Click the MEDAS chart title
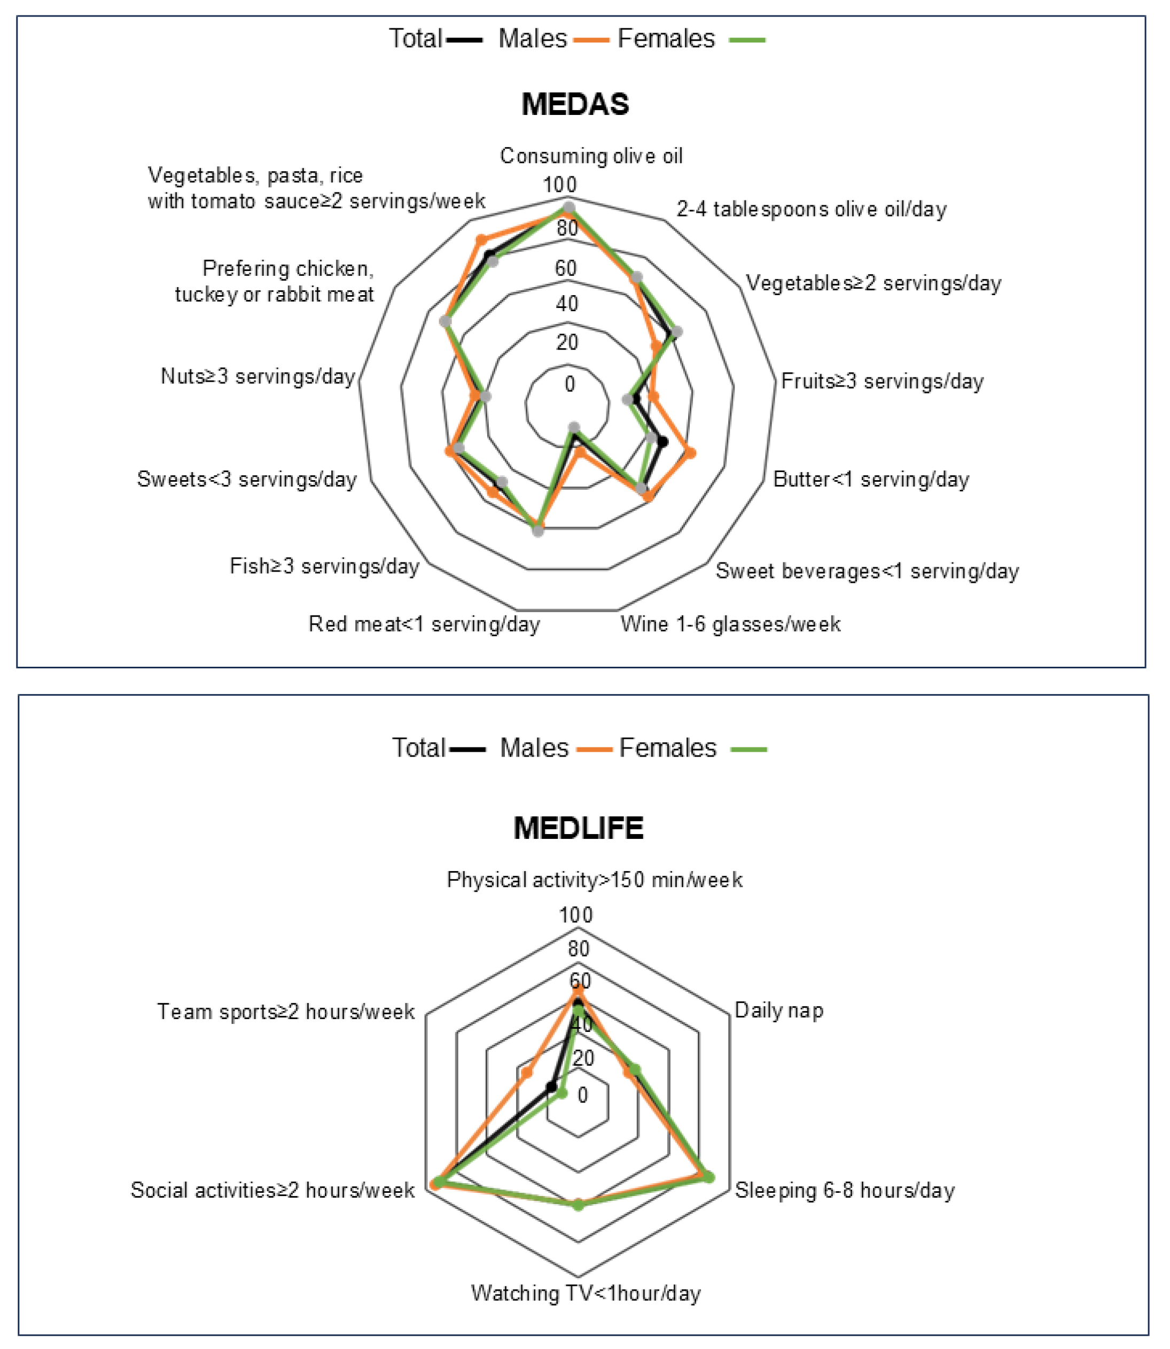point(575,104)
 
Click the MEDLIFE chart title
point(579,828)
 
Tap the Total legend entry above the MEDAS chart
point(435,38)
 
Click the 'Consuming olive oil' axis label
point(591,156)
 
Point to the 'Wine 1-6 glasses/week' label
point(730,625)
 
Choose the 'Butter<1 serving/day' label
point(870,480)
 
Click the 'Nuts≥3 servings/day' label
point(258,376)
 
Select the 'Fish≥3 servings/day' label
point(324,566)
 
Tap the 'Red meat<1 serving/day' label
point(424,625)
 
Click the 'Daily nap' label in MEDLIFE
point(778,1011)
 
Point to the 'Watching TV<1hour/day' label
point(586,1293)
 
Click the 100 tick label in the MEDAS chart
point(559,185)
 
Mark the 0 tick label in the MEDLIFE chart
point(582,1095)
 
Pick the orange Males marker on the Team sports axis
point(526,1072)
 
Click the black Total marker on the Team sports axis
point(552,1088)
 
